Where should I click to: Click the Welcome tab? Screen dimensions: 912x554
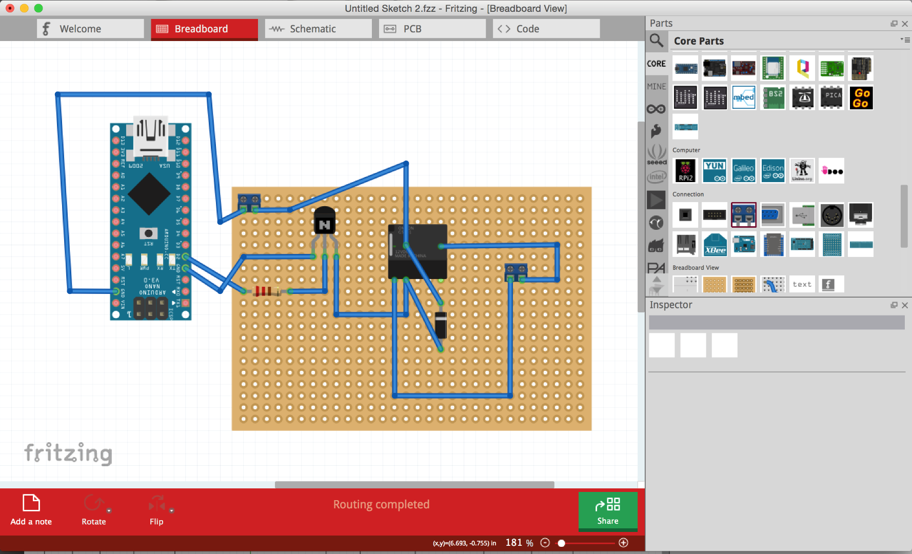point(90,29)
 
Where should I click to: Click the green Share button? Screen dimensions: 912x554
point(608,511)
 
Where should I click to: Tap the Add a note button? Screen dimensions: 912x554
point(31,510)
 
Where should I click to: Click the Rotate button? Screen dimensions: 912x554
point(94,510)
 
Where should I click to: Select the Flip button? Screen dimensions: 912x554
point(156,510)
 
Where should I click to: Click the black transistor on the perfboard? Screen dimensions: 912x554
point(324,221)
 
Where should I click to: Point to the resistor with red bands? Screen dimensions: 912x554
point(265,291)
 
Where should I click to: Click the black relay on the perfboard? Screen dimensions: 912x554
point(418,251)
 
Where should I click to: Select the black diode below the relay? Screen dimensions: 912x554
point(441,325)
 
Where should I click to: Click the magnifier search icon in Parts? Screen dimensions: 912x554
point(656,40)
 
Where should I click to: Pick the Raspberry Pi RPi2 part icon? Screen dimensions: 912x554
point(686,171)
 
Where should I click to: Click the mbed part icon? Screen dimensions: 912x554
point(744,97)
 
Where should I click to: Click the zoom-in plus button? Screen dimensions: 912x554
point(624,543)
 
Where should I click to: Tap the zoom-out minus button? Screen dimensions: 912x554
point(545,543)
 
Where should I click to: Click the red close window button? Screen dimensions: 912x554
point(10,8)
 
